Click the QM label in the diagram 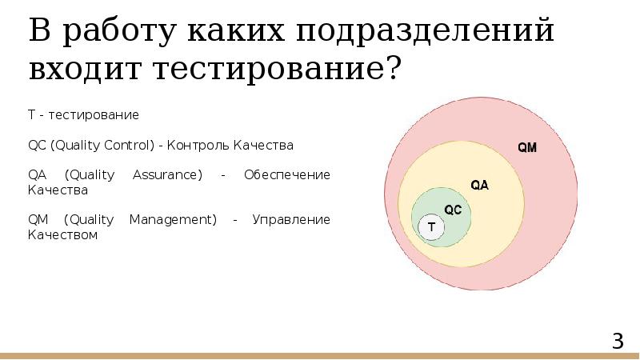(x=527, y=148)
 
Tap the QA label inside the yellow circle (x=479, y=185)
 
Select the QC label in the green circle (x=453, y=210)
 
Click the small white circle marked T (x=432, y=227)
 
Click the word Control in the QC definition (x=123, y=146)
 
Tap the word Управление (x=290, y=220)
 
